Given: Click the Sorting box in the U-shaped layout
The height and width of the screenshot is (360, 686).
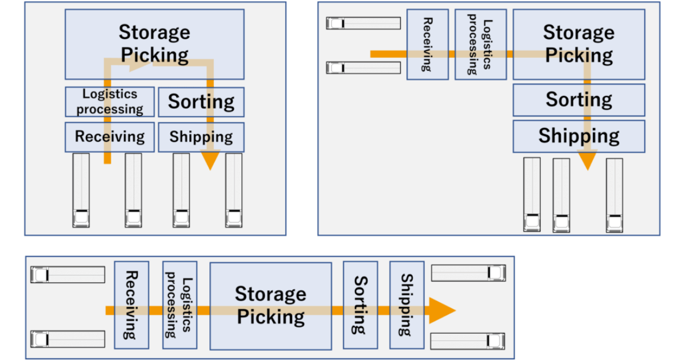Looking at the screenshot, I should [201, 102].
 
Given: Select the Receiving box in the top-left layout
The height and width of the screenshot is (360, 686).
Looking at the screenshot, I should [109, 137].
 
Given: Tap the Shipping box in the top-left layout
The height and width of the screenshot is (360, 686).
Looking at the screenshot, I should [201, 137].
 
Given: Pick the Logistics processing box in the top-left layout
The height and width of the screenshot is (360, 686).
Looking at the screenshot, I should [109, 102].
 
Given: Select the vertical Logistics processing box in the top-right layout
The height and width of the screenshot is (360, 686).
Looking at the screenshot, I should [480, 44].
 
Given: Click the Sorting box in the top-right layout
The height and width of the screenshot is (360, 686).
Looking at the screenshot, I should [579, 100].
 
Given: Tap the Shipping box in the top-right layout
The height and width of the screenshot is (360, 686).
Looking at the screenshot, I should [579, 136].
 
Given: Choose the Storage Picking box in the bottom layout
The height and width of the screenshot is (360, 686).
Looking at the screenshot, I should [270, 306].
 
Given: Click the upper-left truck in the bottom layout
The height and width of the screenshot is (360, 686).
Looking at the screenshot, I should [67, 275].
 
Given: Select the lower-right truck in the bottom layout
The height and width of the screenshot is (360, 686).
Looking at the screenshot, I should [468, 341].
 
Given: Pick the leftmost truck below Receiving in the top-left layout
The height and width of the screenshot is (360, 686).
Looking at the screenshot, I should [81, 190].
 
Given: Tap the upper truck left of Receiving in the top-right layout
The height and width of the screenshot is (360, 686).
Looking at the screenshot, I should [363, 23].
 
